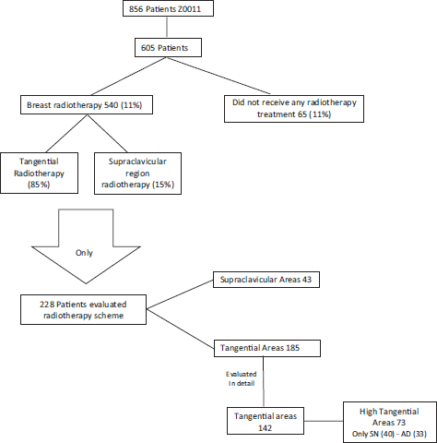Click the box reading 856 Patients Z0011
point(168,8)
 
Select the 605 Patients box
point(168,48)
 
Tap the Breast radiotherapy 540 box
point(87,105)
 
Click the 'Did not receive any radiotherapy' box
point(294,109)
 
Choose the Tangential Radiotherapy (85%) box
point(39,173)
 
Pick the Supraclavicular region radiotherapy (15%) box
point(137,174)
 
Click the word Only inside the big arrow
point(84,253)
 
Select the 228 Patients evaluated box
point(83,310)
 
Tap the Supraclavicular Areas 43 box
point(266,280)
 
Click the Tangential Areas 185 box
point(267,348)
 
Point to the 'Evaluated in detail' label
point(242,378)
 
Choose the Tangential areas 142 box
point(266,421)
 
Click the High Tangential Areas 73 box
point(390,422)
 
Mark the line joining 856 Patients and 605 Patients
point(167,28)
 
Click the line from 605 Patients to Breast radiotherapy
point(129,77)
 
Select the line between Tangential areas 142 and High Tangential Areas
point(324,421)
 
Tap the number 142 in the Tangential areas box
point(265,428)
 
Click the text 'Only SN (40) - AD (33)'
point(389,434)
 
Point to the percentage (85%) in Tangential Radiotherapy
point(39,185)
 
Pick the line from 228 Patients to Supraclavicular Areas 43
point(180,294)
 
